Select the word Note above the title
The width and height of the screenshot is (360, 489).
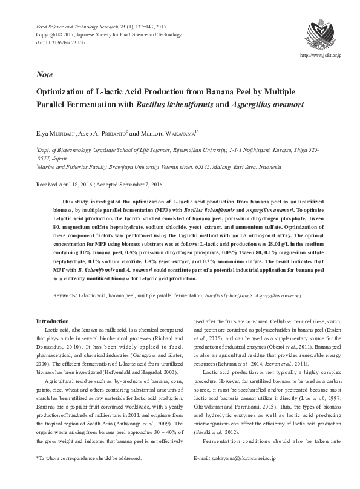pos(44,74)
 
